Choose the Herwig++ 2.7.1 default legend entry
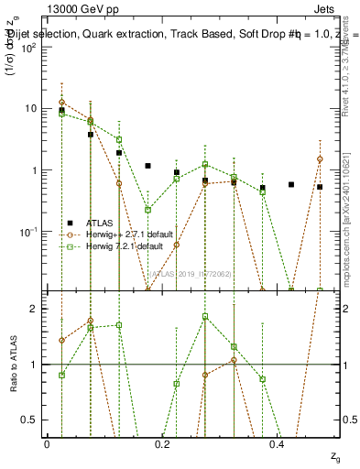click(127, 234)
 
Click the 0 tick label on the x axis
click(47, 442)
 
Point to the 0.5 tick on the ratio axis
click(33, 420)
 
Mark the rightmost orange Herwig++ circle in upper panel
click(320, 159)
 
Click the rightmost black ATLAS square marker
click(320, 187)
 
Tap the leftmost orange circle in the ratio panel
click(61, 340)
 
